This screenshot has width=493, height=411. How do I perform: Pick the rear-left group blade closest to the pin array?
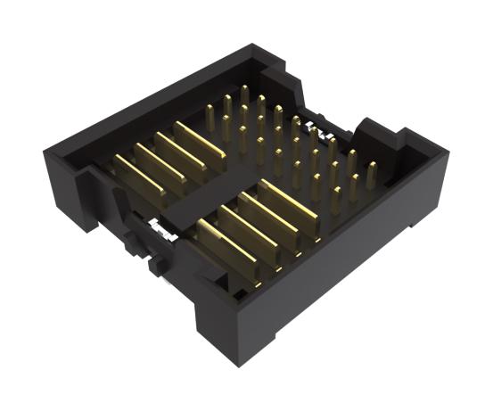(x=201, y=139)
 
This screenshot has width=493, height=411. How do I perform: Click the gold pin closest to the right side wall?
(x=371, y=173)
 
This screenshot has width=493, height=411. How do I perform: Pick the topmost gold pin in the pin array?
(x=244, y=94)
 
